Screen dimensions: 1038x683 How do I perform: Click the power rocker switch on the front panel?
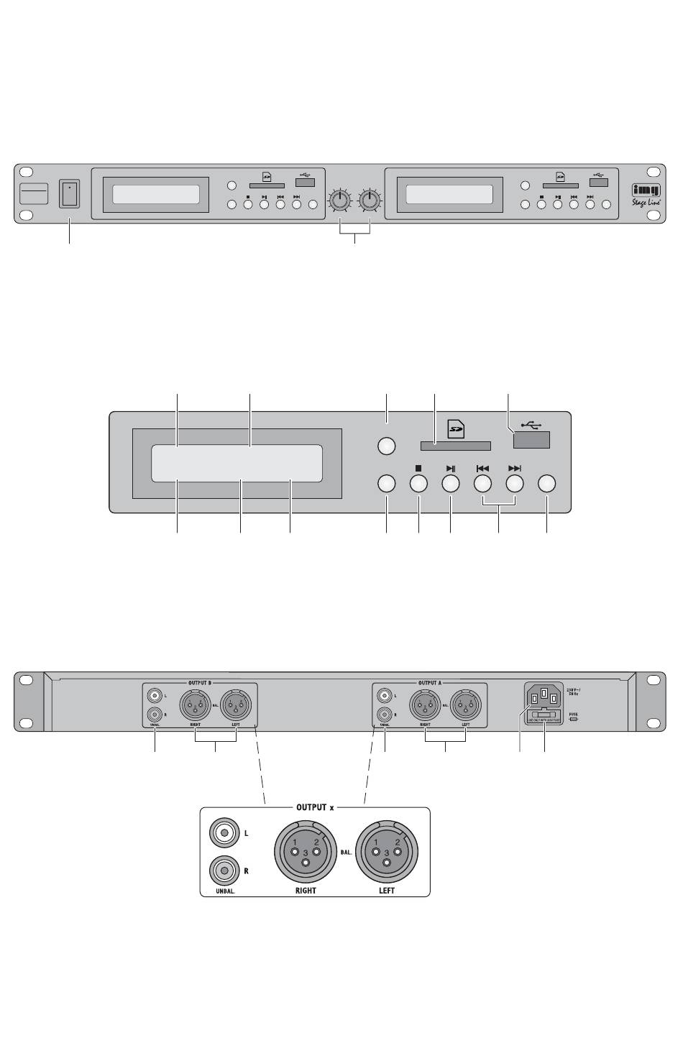[69, 193]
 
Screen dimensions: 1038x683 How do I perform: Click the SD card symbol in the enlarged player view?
[456, 429]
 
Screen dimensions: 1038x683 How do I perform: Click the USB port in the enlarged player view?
[532, 440]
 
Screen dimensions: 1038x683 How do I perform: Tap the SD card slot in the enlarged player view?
[450, 447]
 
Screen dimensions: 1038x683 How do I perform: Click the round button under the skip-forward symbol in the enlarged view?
[514, 484]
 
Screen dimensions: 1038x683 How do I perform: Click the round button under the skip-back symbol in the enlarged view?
[482, 484]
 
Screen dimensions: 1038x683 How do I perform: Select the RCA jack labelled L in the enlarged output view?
[225, 834]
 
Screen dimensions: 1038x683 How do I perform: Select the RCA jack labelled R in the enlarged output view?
[225, 871]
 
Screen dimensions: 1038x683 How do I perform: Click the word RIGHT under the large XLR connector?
[306, 890]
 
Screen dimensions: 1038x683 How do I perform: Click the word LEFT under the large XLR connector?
[387, 890]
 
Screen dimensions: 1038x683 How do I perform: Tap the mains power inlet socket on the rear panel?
[544, 694]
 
